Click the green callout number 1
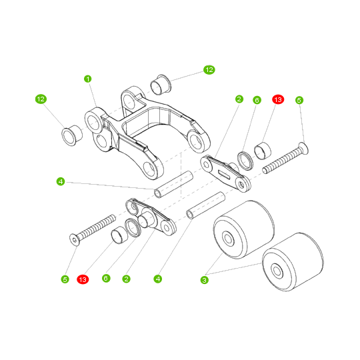tap(88, 79)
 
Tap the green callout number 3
tap(205, 280)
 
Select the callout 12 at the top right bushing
tap(209, 70)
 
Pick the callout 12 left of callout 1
tap(41, 99)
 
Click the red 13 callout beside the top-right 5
tap(278, 99)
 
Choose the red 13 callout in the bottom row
tap(83, 279)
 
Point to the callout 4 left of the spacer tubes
tap(61, 181)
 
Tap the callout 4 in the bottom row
tap(158, 279)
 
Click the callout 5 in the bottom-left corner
tap(65, 279)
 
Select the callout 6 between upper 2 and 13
tap(257, 100)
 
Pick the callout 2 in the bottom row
tap(126, 279)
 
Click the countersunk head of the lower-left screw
tap(75, 240)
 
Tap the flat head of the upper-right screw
tap(303, 148)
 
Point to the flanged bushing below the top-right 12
tap(161, 85)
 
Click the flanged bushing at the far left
tap(72, 135)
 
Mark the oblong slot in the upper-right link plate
tap(225, 174)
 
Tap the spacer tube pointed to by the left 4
tap(173, 185)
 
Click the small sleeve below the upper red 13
tap(263, 151)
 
